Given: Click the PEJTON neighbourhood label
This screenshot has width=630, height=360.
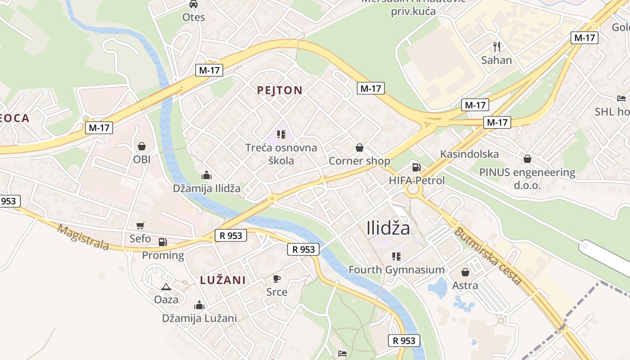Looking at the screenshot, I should click(279, 90).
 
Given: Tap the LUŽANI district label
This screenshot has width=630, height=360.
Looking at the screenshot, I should click(223, 280).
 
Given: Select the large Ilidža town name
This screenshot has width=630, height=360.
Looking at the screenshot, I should click(388, 228).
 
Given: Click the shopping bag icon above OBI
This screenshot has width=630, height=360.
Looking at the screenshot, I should click(142, 146).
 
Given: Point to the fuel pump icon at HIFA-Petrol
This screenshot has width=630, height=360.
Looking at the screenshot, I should click(417, 167).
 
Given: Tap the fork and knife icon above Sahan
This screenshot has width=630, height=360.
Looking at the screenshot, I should click(497, 46).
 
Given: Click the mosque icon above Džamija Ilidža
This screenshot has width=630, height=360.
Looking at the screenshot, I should click(207, 175).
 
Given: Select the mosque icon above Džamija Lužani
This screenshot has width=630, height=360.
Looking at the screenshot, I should click(199, 305).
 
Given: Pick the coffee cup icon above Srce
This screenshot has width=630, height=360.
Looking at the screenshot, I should click(277, 279).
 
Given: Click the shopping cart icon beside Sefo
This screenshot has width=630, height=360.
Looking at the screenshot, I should click(140, 225).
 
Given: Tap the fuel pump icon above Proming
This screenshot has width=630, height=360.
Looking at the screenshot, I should click(162, 242).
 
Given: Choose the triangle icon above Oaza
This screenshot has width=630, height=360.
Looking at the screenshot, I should click(166, 287).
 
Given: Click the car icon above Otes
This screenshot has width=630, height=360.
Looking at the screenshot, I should click(193, 4).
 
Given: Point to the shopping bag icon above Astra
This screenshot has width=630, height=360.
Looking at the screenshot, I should click(465, 272).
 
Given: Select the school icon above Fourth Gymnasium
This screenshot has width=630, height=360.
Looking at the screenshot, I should click(396, 256).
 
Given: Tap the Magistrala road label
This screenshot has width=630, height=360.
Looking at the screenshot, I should click(84, 237).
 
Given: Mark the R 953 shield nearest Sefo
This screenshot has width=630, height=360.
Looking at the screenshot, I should click(231, 235).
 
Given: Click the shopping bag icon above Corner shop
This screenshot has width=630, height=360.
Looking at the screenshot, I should click(359, 148).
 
